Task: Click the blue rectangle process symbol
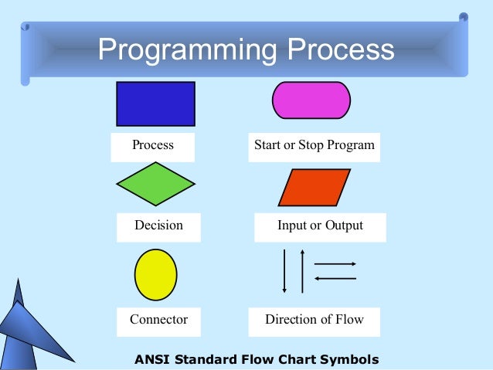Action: pyautogui.click(x=155, y=104)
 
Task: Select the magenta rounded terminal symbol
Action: pyautogui.click(x=311, y=100)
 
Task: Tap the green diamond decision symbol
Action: pyautogui.click(x=155, y=184)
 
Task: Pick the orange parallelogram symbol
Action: pyautogui.click(x=314, y=188)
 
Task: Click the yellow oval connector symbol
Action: pyautogui.click(x=155, y=274)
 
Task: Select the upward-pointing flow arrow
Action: pyautogui.click(x=302, y=270)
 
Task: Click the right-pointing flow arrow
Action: pyautogui.click(x=335, y=264)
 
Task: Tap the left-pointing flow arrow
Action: pyautogui.click(x=335, y=278)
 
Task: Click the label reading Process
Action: pyautogui.click(x=153, y=145)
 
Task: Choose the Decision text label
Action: pyautogui.click(x=158, y=226)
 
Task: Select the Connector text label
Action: pyautogui.click(x=158, y=319)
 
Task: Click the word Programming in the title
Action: pyautogui.click(x=188, y=50)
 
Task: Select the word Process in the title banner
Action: pyautogui.click(x=341, y=50)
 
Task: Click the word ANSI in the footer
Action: pyautogui.click(x=152, y=359)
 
